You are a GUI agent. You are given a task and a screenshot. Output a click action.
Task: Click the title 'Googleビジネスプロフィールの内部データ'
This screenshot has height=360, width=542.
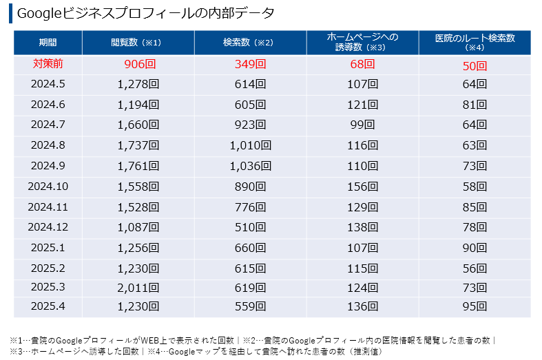click(145, 14)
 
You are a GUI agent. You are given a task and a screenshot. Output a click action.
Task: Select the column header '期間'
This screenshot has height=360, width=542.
click(48, 43)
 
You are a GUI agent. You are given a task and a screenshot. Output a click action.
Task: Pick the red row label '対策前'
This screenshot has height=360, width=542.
click(48, 64)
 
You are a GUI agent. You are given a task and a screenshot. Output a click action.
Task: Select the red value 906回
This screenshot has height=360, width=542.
click(138, 65)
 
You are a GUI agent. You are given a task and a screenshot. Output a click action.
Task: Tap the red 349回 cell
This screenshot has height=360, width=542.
click(250, 65)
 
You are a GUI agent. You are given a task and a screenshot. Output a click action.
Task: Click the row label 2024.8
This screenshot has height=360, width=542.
click(48, 145)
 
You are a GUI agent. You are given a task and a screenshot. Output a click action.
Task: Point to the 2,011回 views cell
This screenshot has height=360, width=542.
click(138, 286)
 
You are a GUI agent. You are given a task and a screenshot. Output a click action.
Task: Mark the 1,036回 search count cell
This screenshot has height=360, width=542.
click(250, 166)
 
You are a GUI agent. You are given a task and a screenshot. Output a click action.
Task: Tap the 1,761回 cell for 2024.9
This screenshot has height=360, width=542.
click(138, 166)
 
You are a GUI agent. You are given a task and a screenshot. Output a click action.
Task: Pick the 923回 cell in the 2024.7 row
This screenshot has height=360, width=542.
click(250, 125)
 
